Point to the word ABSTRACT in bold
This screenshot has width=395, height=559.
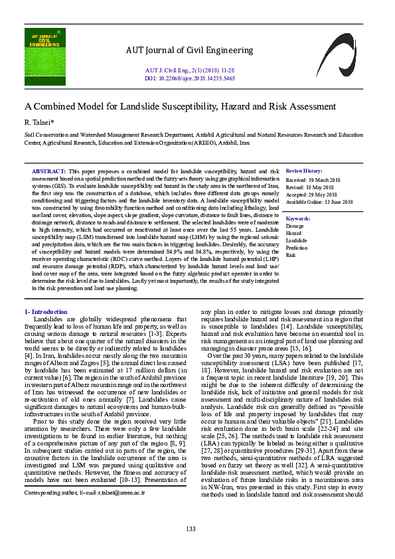[x=48, y=171]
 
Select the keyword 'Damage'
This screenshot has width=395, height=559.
[x=295, y=226]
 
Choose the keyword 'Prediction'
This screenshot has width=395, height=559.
[x=297, y=248]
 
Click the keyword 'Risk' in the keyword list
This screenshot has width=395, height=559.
[x=290, y=255]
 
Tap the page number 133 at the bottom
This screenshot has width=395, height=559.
[x=191, y=528]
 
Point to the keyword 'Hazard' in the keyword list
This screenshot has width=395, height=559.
[x=293, y=234]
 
